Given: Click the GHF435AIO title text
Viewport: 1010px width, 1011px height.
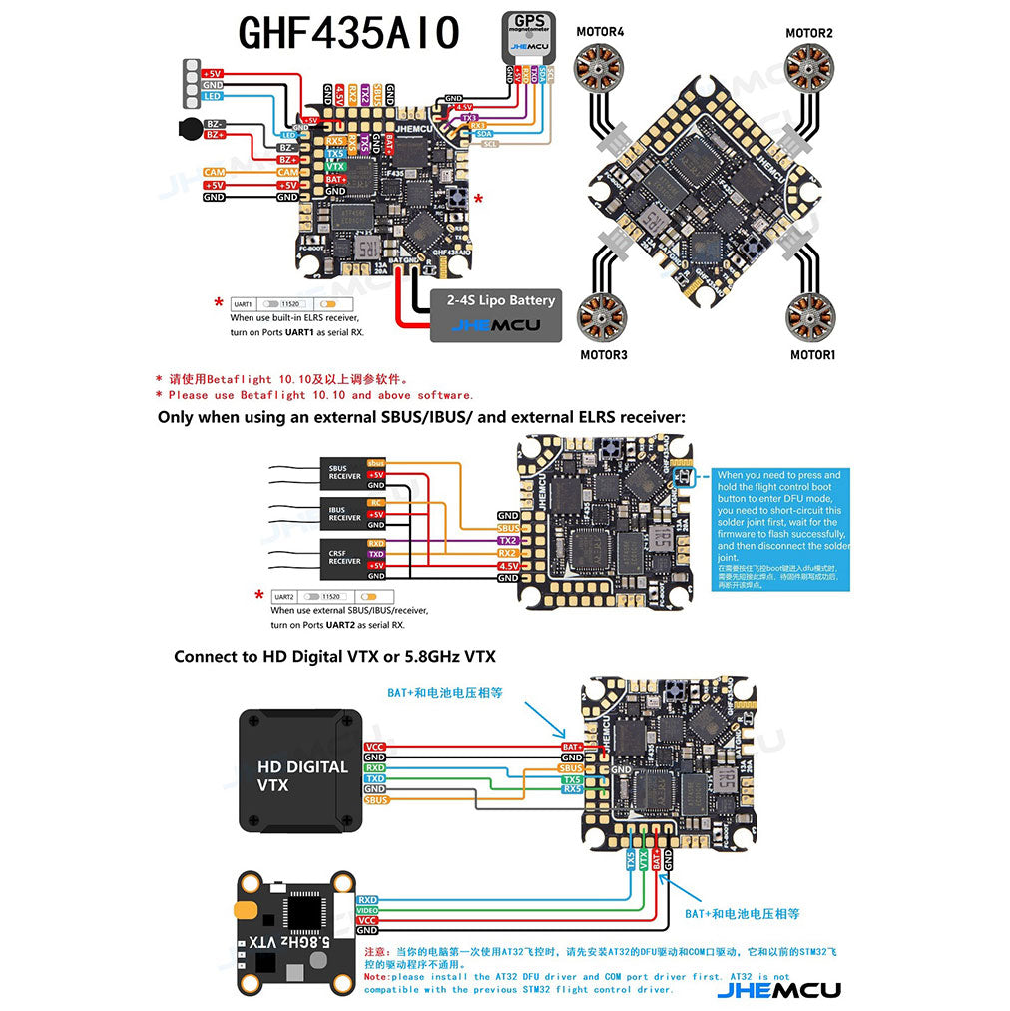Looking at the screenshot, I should point(348,33).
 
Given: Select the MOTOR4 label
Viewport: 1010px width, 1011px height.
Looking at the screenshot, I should point(600,32).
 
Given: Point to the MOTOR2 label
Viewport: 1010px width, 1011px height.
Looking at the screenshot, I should point(808,33).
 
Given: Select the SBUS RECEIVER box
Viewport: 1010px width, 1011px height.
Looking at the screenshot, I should point(345,472).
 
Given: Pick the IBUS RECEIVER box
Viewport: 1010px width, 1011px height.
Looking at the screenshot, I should point(345,513).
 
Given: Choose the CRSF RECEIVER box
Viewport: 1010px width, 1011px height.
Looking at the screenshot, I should point(345,556).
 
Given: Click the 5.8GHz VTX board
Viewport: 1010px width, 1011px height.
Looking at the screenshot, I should point(295,933).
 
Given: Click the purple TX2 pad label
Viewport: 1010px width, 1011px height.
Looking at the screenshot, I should point(508,540).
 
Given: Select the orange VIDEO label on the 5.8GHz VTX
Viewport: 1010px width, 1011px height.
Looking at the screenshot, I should point(367,910).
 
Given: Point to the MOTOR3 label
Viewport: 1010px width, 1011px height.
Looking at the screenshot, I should point(604,354).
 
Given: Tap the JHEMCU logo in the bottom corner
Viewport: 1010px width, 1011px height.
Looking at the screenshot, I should point(778,989).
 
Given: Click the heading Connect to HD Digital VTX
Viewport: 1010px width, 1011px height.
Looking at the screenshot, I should point(334,656).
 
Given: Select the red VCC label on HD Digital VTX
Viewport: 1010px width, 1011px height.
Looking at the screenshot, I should point(375,747).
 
